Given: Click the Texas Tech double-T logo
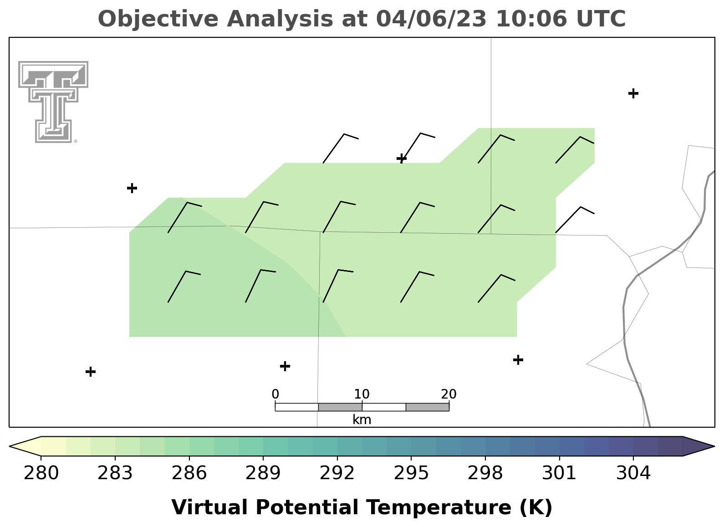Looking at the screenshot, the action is [53, 102].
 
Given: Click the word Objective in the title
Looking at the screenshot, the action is [158, 19].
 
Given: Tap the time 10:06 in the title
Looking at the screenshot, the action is [531, 19].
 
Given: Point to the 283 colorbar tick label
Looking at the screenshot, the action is [115, 473].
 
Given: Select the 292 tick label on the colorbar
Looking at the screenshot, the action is [337, 473].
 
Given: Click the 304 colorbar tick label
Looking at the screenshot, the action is [633, 473].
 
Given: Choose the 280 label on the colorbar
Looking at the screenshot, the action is [41, 473].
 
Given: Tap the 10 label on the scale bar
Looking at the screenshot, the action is [362, 394].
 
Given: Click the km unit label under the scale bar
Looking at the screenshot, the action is [362, 420].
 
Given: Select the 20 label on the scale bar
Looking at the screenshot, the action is [449, 394].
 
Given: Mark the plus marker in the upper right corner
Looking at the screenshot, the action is [633, 93].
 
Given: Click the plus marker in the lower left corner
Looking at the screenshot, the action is [91, 372].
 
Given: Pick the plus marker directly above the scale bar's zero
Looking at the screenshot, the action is [285, 366].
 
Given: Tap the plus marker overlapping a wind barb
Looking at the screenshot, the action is [402, 159].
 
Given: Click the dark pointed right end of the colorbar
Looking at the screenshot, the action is [698, 446].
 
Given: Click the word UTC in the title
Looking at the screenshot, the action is [601, 19].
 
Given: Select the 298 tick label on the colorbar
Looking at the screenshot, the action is [485, 473].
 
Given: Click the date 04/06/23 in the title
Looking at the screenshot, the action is [431, 19].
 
